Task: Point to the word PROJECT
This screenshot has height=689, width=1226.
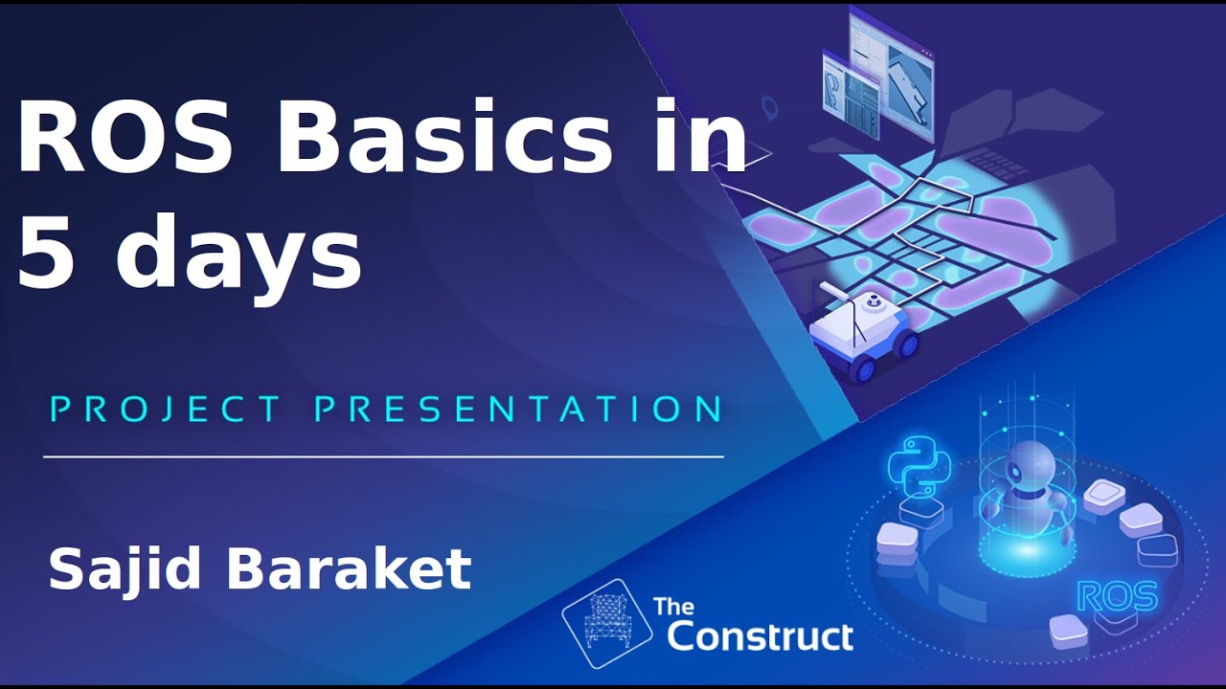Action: [165, 410]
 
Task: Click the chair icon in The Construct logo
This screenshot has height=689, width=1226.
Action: [606, 623]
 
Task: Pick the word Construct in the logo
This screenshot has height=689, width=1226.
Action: [760, 635]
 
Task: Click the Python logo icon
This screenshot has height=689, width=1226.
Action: [918, 466]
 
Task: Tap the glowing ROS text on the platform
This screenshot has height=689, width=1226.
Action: [1117, 596]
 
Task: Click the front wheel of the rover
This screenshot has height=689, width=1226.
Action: [861, 367]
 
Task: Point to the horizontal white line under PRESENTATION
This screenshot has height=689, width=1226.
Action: [383, 457]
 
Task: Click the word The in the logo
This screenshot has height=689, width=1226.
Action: [673, 607]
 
